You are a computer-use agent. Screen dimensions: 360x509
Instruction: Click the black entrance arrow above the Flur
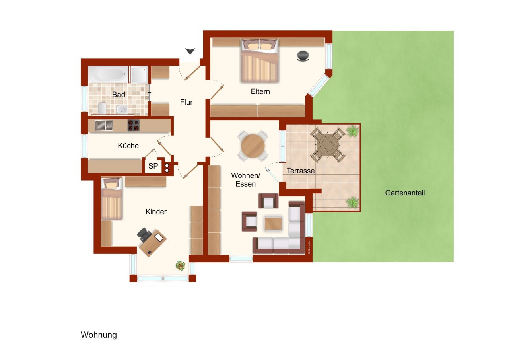pyautogui.click(x=190, y=51)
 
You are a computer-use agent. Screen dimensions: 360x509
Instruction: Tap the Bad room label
pyautogui.click(x=119, y=95)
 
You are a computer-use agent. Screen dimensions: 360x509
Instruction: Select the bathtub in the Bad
pyautogui.click(x=109, y=74)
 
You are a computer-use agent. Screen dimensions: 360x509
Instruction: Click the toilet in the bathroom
pyautogui.click(x=102, y=108)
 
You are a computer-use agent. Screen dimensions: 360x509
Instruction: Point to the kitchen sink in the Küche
pyautogui.click(x=104, y=125)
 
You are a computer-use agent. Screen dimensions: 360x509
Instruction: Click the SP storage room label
pyautogui.click(x=153, y=167)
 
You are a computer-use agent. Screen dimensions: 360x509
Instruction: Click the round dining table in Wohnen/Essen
pyautogui.click(x=253, y=146)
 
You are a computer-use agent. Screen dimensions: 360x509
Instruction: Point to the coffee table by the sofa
pyautogui.click(x=273, y=223)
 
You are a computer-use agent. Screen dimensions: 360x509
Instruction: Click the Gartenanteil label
pyautogui.click(x=405, y=193)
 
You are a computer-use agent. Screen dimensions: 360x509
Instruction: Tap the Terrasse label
pyautogui.click(x=301, y=171)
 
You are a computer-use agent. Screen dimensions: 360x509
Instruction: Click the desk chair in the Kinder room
pyautogui.click(x=144, y=235)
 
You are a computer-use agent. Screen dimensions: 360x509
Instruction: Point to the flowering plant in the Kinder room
pyautogui.click(x=181, y=265)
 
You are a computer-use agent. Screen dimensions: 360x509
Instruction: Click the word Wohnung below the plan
pyautogui.click(x=99, y=335)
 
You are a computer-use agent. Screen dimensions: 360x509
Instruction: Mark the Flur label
pyautogui.click(x=186, y=102)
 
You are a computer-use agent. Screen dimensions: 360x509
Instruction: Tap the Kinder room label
pyautogui.click(x=156, y=212)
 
